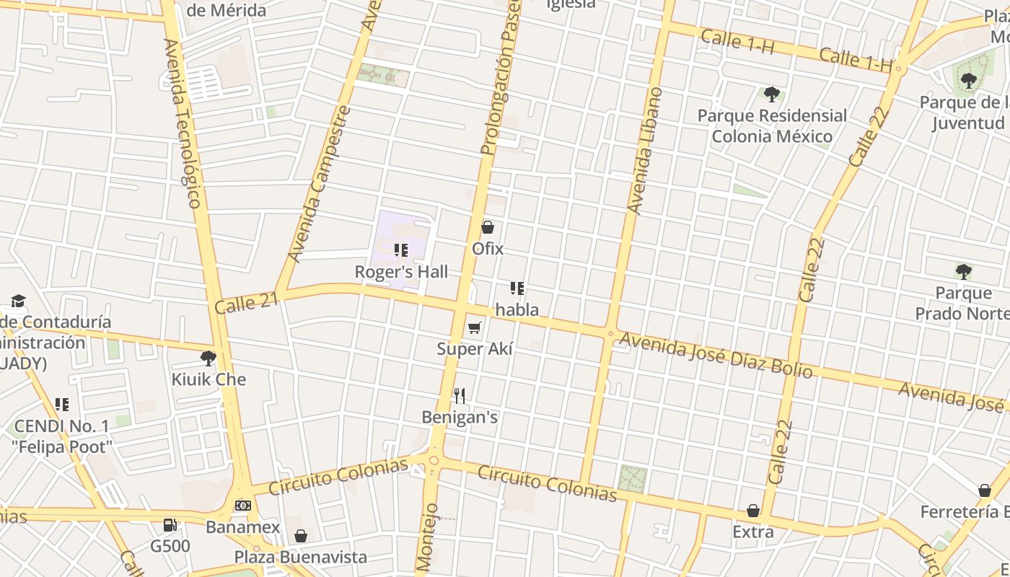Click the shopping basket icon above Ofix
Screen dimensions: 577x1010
click(488, 228)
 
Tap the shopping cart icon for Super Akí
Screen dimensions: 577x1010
click(474, 328)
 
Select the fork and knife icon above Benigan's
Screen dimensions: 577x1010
click(460, 395)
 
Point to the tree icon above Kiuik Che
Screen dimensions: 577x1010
click(208, 358)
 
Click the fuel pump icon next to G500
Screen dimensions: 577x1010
click(170, 526)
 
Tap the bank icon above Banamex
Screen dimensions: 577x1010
click(243, 506)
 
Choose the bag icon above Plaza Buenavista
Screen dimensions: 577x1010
click(301, 536)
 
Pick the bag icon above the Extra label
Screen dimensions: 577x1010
click(753, 511)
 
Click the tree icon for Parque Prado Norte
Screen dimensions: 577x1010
click(963, 272)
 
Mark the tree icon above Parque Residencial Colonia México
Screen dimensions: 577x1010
click(771, 94)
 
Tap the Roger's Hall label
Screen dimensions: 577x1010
click(401, 272)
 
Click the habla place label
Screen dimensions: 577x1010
click(517, 310)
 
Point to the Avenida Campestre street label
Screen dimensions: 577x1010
click(319, 184)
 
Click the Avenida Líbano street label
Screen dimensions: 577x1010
click(645, 151)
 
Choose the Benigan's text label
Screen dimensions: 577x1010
click(460, 418)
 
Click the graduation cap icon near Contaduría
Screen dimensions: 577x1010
click(18, 301)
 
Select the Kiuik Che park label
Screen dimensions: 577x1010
click(208, 379)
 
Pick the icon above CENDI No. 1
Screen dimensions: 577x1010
click(62, 405)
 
